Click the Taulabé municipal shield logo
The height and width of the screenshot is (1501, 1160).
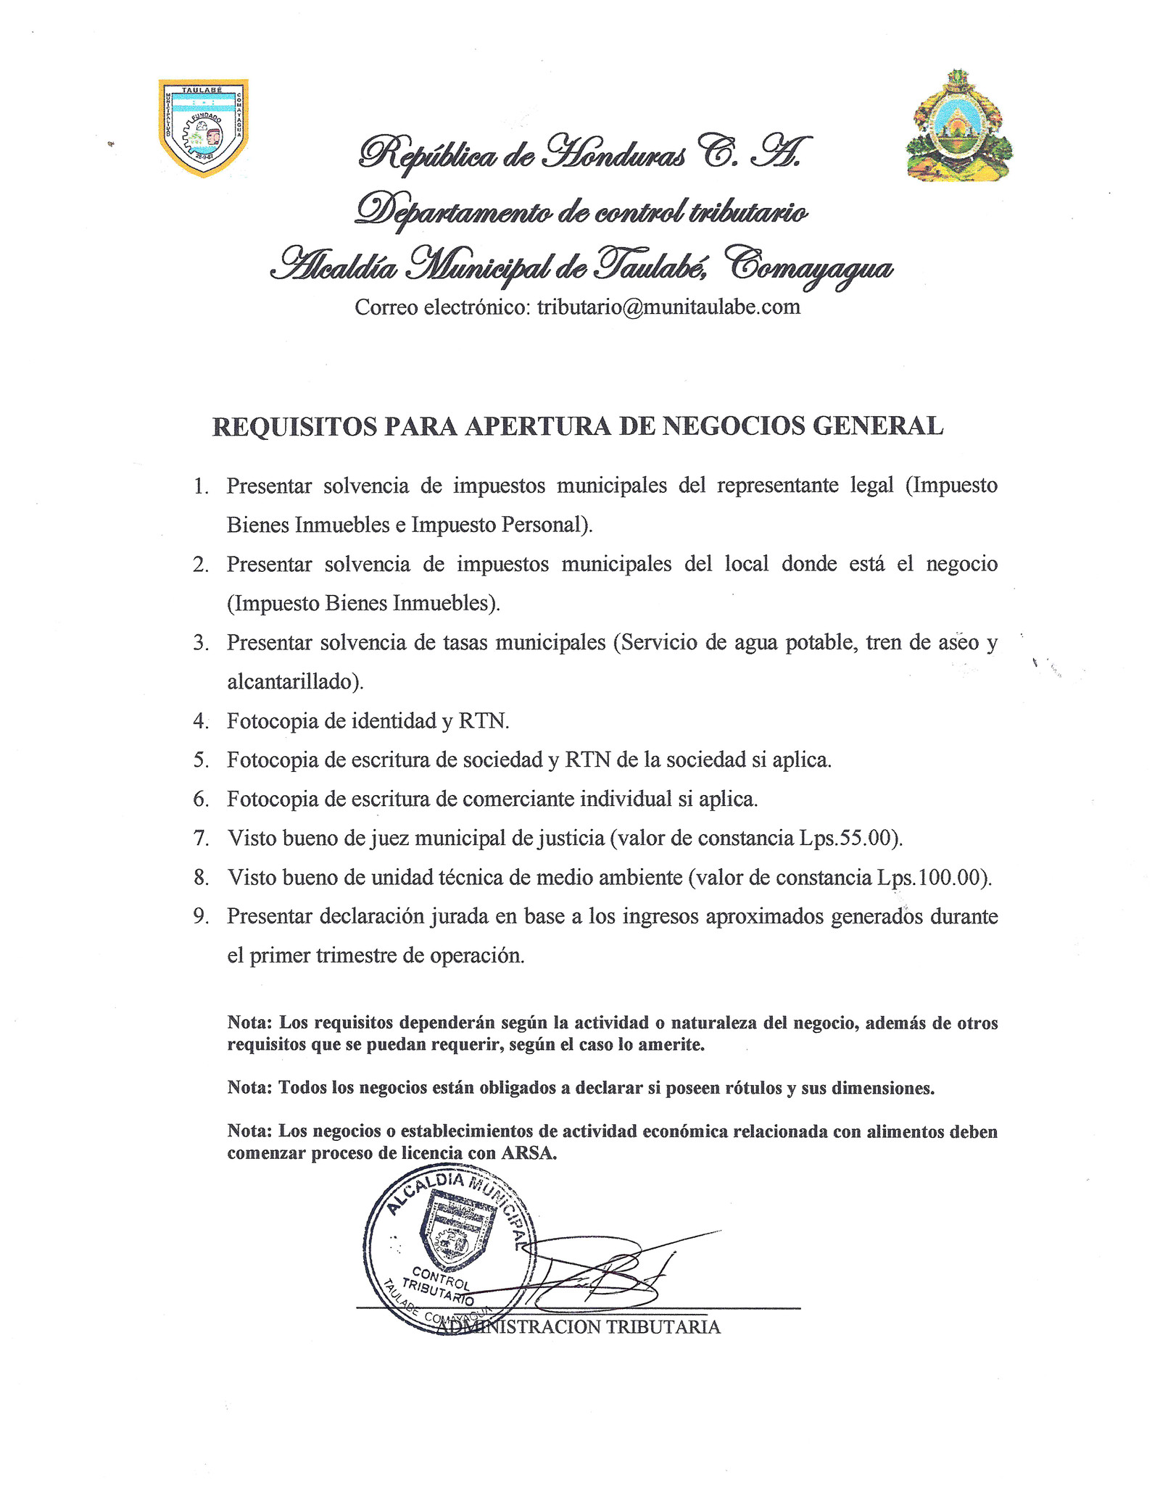[203, 128]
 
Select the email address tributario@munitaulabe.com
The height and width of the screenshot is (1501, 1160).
[668, 307]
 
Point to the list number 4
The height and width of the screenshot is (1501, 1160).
[201, 721]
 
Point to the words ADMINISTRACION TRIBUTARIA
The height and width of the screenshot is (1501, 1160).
[580, 1327]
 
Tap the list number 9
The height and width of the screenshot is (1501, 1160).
[201, 917]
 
